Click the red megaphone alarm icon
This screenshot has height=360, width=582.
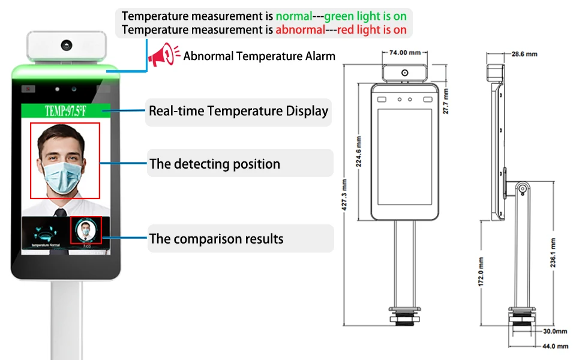pos(164,55)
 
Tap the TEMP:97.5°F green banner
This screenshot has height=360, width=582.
pos(66,110)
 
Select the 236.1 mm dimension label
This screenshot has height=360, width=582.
pos(553,254)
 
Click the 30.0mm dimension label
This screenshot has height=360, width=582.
pos(554,331)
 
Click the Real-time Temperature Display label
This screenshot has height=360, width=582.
pos(238,111)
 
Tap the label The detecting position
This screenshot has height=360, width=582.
pos(214,164)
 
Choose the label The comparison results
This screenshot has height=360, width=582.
pos(216,239)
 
